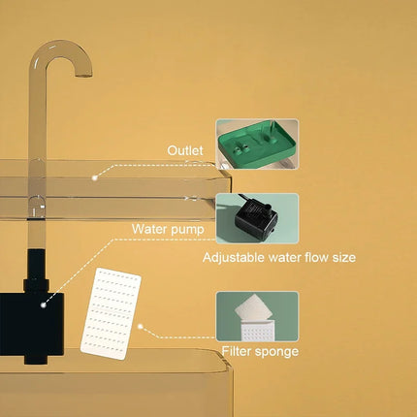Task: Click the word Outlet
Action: [x=185, y=151]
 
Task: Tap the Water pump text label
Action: [x=166, y=230]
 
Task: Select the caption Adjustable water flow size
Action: [x=279, y=258]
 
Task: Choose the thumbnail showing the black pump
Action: [x=257, y=218]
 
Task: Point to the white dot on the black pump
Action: [x=43, y=304]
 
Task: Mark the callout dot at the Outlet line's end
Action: [x=94, y=177]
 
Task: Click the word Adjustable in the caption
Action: [x=234, y=258]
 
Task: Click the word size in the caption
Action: [x=343, y=258]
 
